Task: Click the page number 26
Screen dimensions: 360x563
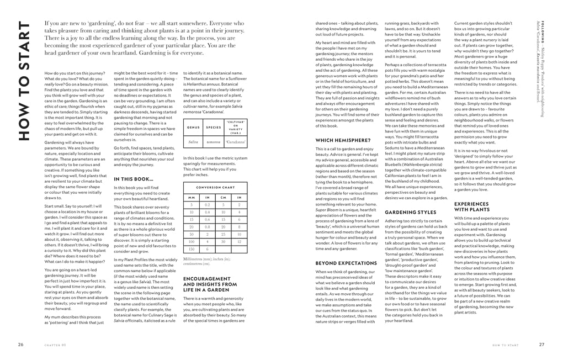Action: point(20,345)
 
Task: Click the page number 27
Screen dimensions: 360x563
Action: point(541,345)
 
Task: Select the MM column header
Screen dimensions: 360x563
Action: point(192,197)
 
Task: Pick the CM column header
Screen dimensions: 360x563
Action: point(223,197)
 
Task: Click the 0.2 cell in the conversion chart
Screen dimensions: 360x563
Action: point(208,204)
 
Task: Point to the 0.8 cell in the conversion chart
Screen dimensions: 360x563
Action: point(208,226)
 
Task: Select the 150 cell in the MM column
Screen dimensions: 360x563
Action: point(192,249)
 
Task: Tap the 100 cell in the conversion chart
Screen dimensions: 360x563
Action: point(192,241)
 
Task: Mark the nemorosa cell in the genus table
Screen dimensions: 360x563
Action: point(213,142)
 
